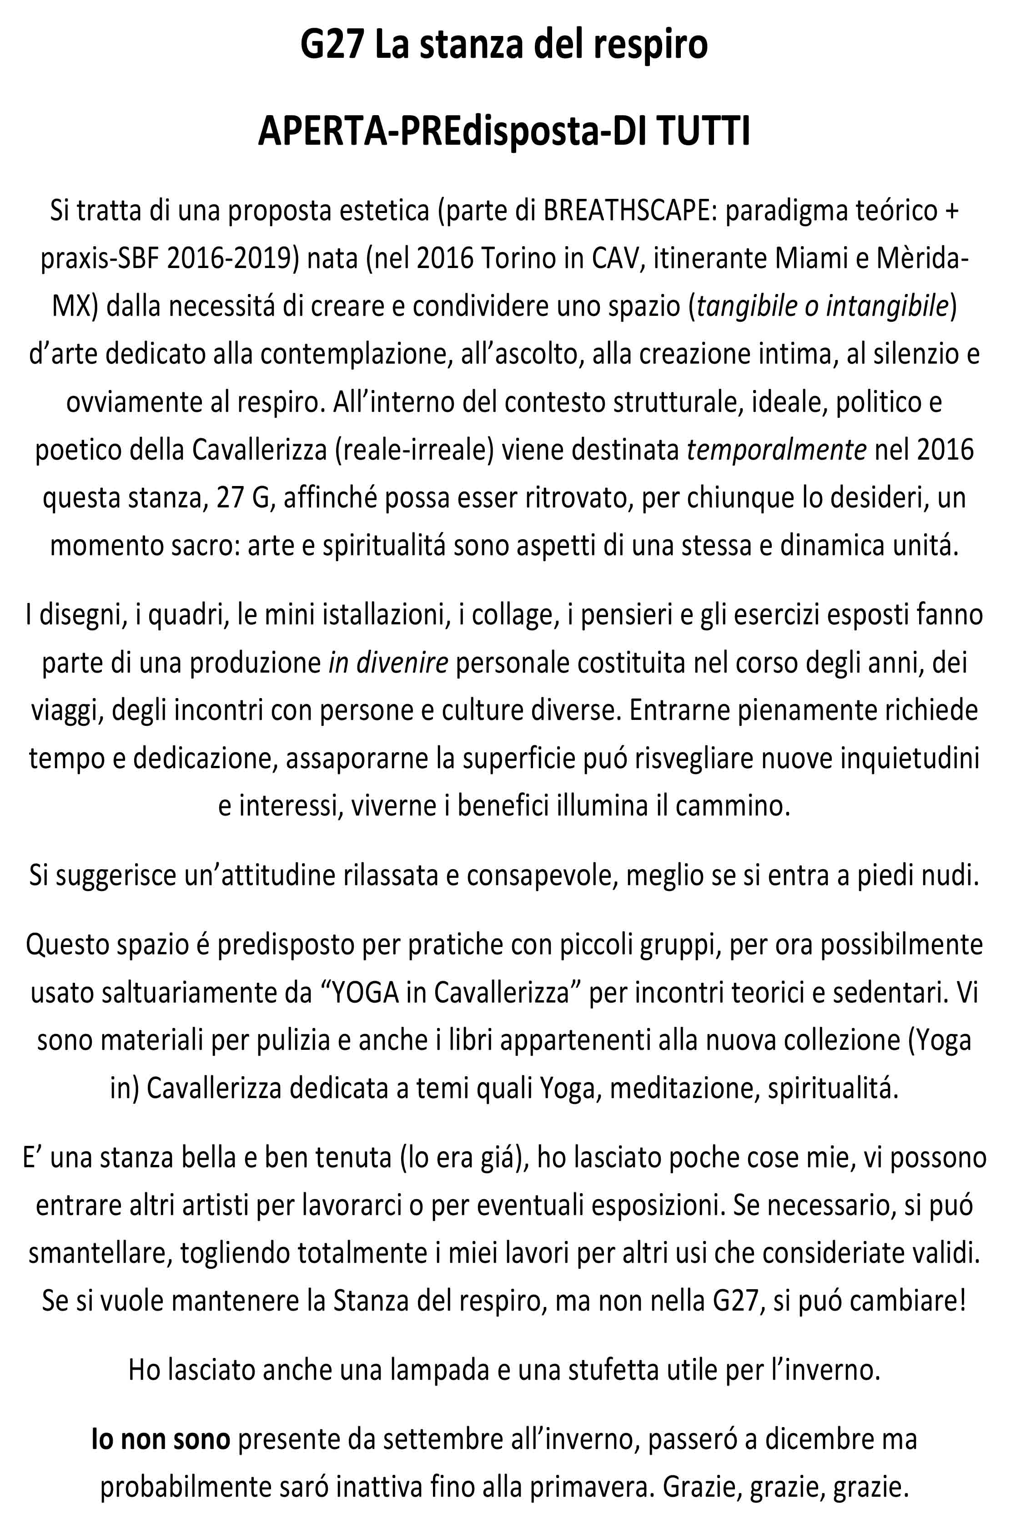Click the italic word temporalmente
pyautogui.click(x=776, y=450)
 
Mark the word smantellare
pyautogui.click(x=100, y=1253)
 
